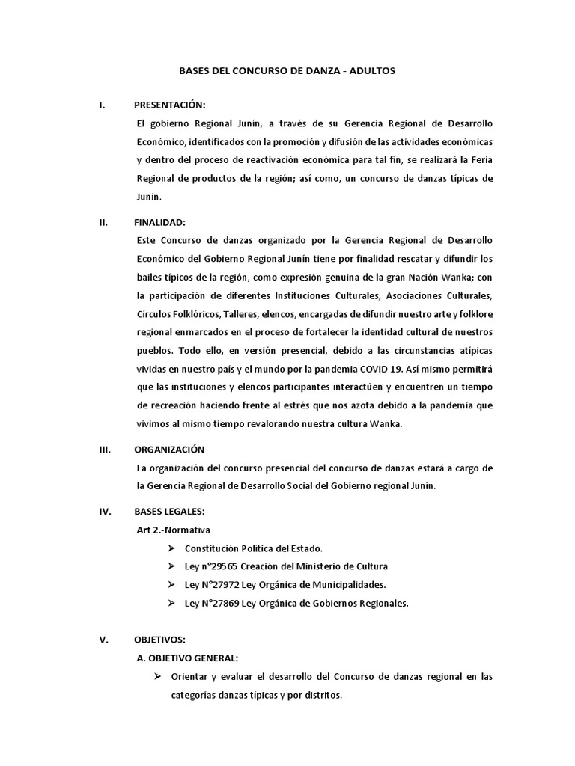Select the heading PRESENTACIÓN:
click(169, 105)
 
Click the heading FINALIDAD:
click(160, 222)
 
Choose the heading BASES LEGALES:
click(168, 512)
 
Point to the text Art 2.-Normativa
click(173, 530)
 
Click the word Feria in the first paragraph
click(481, 161)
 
